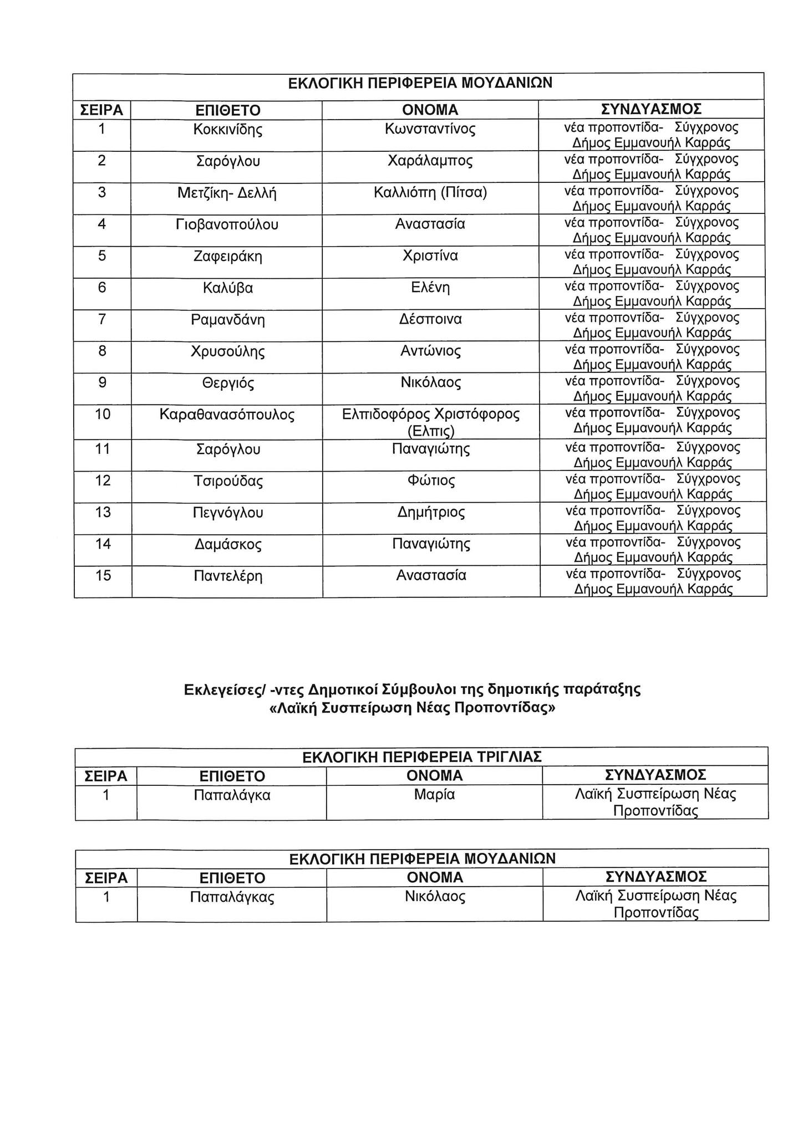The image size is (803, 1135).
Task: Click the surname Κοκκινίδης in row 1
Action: [x=227, y=130]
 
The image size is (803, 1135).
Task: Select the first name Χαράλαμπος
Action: [x=430, y=161]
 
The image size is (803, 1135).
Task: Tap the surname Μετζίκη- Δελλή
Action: [x=227, y=193]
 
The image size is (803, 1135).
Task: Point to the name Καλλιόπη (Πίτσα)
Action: [x=430, y=193]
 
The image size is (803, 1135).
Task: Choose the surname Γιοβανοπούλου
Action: [x=227, y=225]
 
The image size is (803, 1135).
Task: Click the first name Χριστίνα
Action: [x=430, y=257]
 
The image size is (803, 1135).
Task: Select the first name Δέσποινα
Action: [x=430, y=320]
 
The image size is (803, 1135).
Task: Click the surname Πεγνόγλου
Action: [x=227, y=513]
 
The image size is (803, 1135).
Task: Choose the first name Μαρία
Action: [x=434, y=795]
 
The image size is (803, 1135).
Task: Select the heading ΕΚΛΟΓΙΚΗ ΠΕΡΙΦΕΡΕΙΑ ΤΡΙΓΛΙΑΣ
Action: [x=422, y=757]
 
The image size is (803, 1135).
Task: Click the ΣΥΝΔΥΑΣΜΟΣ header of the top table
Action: [x=652, y=109]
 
